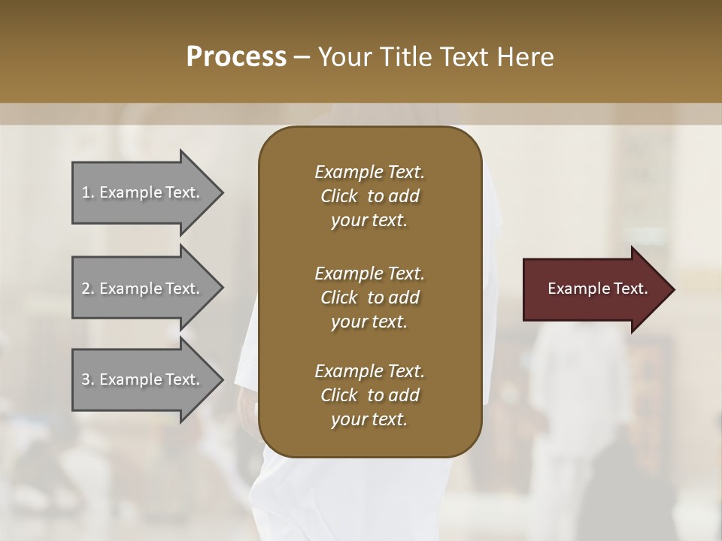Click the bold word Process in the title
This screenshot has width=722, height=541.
[x=236, y=57]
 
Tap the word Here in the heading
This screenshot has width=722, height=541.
[x=527, y=57]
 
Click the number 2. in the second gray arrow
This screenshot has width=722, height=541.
[x=88, y=289]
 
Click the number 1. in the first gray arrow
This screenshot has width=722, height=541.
[x=88, y=192]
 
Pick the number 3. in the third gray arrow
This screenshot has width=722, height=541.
[x=88, y=379]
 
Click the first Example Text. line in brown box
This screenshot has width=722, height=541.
[x=369, y=172]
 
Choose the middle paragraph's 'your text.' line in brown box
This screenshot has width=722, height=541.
[x=369, y=322]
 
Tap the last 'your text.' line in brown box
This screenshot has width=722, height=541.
[x=369, y=420]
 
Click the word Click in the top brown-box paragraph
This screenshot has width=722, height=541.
[x=339, y=196]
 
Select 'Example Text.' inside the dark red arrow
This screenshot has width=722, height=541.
[x=597, y=289]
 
